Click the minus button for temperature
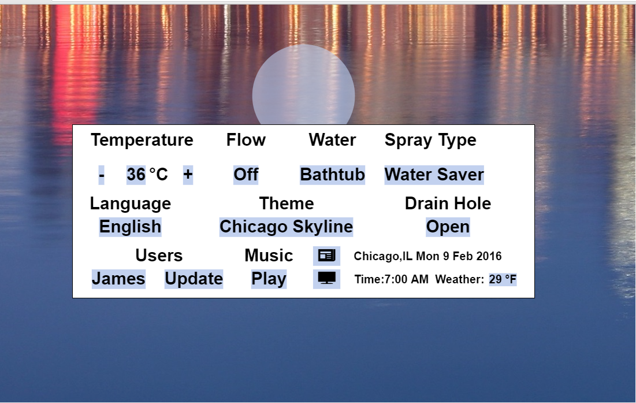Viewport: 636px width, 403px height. [102, 175]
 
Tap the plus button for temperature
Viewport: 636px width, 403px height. [188, 175]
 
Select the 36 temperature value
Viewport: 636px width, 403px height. [136, 175]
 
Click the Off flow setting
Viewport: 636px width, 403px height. [246, 175]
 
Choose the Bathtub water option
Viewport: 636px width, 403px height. [332, 175]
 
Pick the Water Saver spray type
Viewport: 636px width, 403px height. [434, 175]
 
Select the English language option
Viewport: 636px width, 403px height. [130, 227]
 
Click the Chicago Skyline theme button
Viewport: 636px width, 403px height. [287, 227]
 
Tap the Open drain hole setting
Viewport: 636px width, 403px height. [448, 227]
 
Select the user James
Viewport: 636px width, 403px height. [118, 279]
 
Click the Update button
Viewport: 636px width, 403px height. [194, 279]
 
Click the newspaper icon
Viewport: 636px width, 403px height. [326, 256]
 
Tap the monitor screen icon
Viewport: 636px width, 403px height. [326, 279]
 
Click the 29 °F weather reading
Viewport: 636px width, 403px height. [503, 279]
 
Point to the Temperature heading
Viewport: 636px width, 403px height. [142, 140]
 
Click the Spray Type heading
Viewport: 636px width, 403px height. [430, 141]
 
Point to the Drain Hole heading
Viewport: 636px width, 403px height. [448, 204]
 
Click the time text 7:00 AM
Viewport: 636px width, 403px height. [406, 279]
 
